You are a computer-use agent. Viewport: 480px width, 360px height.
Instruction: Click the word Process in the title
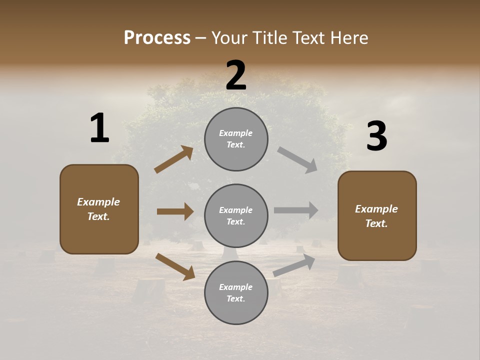pos(157,38)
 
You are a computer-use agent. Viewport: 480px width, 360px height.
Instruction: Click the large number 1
pos(99,128)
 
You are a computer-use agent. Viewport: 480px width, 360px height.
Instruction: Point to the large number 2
pos(236,75)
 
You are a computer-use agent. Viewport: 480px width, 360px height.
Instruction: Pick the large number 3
pos(376,136)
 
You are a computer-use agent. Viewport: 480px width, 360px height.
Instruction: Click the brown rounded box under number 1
pos(99,209)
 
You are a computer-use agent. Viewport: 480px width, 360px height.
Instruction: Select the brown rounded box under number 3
pos(377,215)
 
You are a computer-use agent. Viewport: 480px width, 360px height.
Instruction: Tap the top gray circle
pos(236,139)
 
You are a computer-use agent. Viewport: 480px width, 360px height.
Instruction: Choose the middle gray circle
pos(236,215)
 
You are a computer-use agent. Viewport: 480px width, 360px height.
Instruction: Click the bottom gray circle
pos(236,292)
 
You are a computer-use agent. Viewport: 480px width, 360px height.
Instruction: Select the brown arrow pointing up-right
pos(173,159)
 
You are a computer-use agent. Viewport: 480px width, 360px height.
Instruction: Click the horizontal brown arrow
pos(175,211)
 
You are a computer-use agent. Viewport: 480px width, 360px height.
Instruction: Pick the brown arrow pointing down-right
pos(175,266)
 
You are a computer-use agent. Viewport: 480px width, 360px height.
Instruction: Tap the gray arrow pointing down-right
pos(297,160)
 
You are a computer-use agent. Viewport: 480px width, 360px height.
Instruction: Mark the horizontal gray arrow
pos(296,210)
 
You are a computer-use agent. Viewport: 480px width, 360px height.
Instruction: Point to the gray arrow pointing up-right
pos(294,265)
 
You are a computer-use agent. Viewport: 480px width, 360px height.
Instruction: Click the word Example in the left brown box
pos(98,202)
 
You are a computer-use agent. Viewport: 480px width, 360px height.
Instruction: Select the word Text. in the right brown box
pos(376,223)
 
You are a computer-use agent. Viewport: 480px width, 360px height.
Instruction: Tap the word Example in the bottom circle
pos(236,287)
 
